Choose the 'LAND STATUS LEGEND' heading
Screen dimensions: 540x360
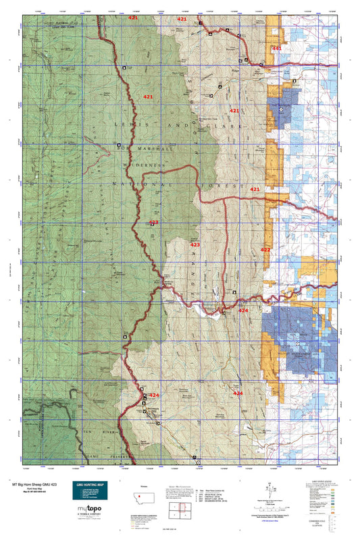(328, 482)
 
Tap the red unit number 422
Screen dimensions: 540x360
(265, 250)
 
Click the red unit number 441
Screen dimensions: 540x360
(276, 49)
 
